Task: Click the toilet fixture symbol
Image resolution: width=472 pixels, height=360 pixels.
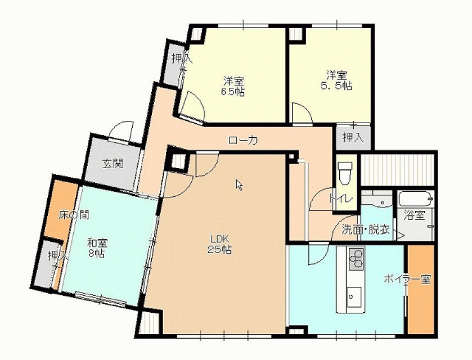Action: tap(345, 173)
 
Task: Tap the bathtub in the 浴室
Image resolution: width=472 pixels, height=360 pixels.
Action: tap(416, 199)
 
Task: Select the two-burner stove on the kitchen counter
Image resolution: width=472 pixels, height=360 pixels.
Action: tap(357, 259)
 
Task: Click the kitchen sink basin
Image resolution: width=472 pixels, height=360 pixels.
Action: tap(354, 297)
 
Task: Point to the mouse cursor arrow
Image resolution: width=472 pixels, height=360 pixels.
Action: tap(239, 185)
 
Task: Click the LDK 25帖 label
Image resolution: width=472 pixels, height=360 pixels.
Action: tap(219, 245)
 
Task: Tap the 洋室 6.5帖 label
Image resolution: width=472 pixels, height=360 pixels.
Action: tap(233, 87)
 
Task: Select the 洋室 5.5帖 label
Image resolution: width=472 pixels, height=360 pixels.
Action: tap(336, 80)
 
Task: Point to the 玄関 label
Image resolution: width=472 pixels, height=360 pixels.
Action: tap(113, 164)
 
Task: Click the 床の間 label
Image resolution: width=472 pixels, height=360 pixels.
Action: tap(74, 215)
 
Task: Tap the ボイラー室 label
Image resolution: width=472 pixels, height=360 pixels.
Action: tap(407, 280)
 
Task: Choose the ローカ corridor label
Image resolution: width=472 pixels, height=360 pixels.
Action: tap(243, 140)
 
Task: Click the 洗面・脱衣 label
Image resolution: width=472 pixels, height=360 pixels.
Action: tap(366, 230)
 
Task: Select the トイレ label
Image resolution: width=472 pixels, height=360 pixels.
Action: tap(340, 199)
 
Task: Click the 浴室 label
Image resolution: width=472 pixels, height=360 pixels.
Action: tap(414, 215)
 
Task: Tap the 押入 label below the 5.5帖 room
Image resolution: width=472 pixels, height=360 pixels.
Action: tap(353, 138)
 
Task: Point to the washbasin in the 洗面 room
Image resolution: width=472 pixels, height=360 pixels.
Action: tap(376, 201)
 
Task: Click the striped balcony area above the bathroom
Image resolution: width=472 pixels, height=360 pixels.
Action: tap(397, 170)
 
